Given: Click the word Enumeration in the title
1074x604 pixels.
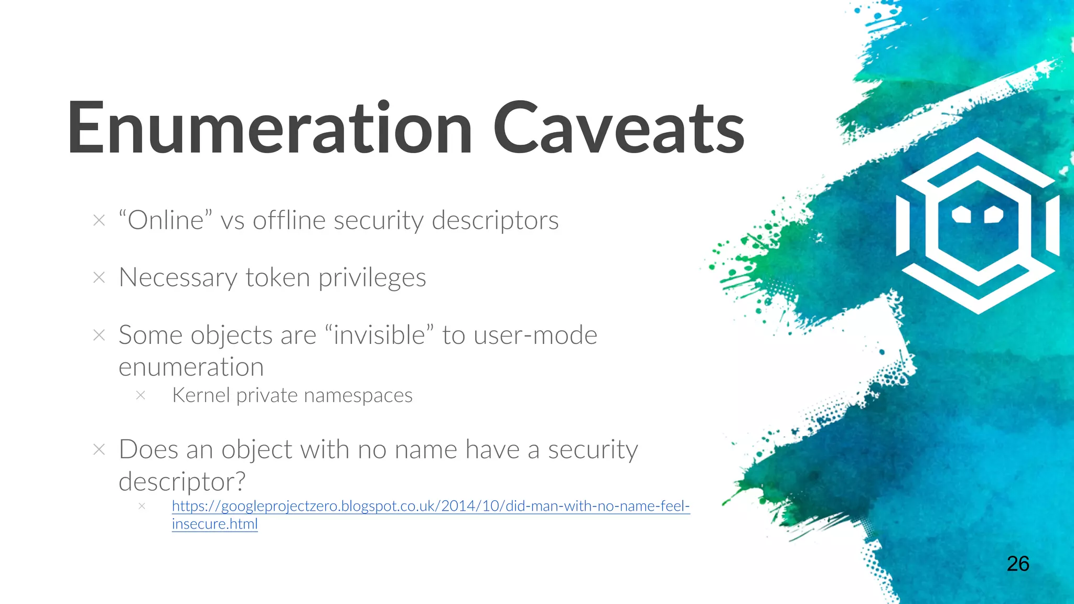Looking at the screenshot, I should pos(270,128).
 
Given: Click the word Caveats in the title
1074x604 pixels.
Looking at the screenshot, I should pos(619,128).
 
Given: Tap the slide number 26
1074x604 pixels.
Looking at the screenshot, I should pos(1018,564).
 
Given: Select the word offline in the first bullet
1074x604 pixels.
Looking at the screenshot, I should pos(289,220).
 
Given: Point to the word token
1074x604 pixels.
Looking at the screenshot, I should pos(277,277).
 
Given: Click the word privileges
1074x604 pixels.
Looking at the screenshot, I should pos(372,278).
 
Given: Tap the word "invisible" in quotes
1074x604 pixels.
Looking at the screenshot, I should pos(380,335).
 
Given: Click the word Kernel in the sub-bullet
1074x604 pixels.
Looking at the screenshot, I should pos(201,395).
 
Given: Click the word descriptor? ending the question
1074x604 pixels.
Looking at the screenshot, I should pos(182,481).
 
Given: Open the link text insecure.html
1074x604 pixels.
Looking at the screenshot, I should pos(214,524).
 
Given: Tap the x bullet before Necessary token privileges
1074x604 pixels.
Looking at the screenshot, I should pos(99,277).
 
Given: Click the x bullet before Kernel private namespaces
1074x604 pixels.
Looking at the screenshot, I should pos(141,395).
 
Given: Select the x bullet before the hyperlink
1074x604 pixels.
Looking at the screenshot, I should pos(142,506).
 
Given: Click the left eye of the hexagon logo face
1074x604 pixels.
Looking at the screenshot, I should pos(961,214).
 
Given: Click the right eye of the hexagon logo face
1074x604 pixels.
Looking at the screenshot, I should pos(994,214).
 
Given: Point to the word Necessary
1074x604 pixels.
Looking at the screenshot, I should pos(178,278).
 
